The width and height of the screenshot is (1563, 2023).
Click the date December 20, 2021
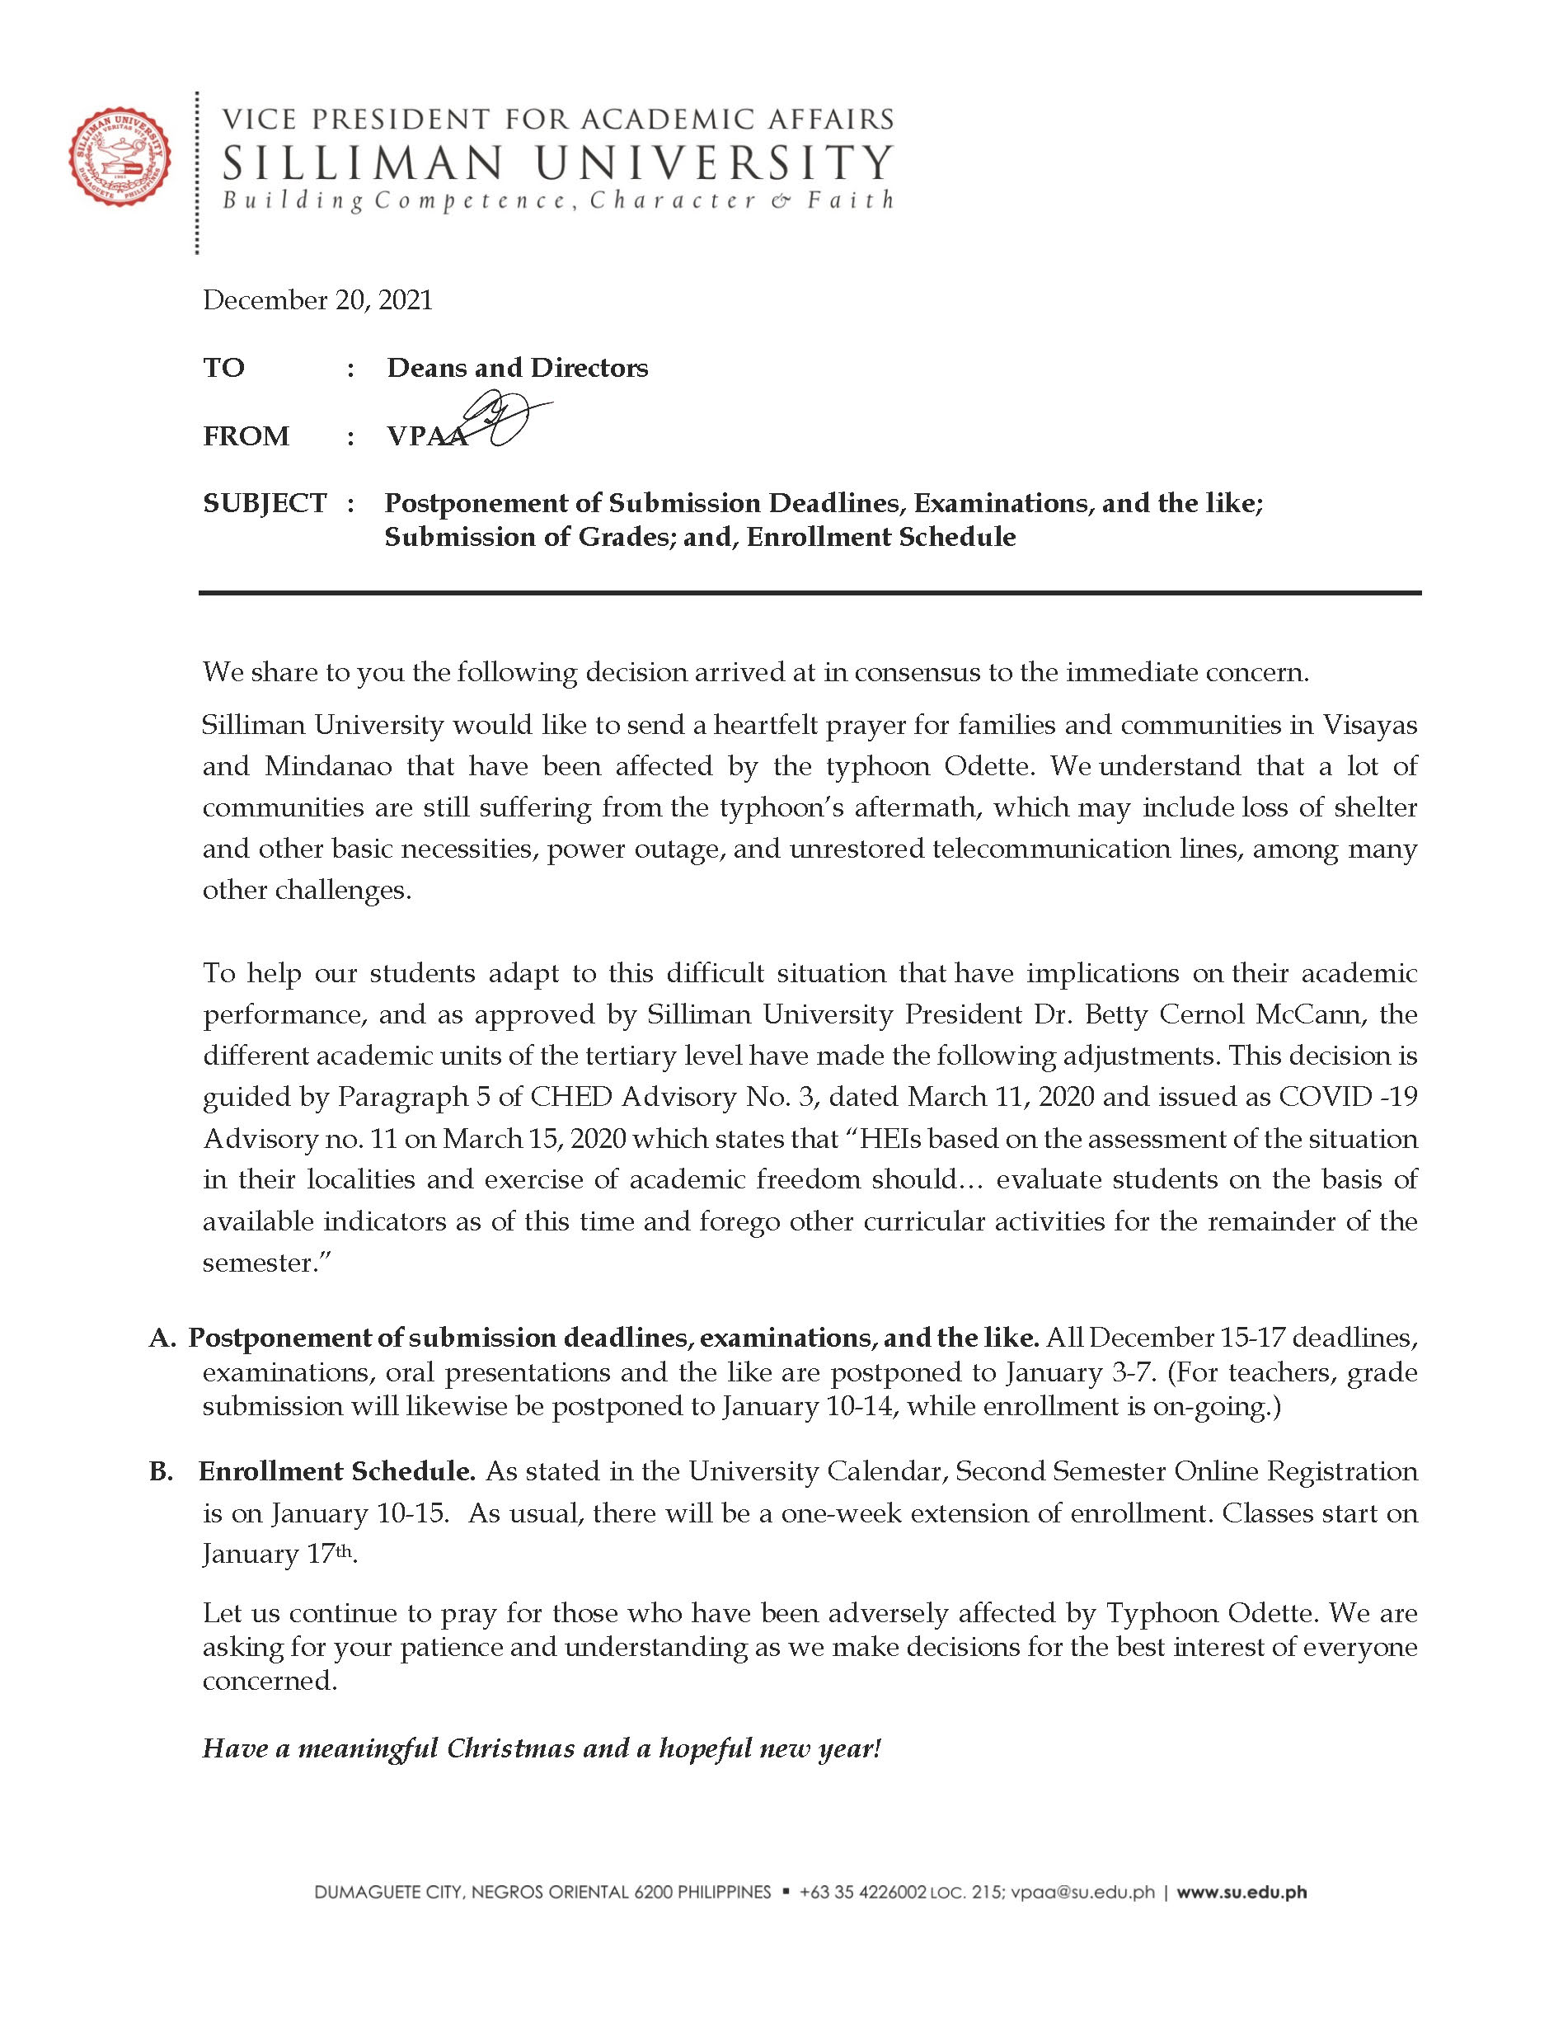[317, 300]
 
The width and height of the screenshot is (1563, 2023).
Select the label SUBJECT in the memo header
[265, 503]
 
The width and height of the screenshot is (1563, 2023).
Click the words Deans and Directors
[517, 368]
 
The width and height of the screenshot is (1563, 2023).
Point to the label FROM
[246, 435]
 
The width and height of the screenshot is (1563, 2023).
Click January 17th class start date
[278, 1555]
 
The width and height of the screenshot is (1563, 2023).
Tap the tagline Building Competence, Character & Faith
[557, 200]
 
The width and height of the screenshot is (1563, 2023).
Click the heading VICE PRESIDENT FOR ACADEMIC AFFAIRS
[557, 120]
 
